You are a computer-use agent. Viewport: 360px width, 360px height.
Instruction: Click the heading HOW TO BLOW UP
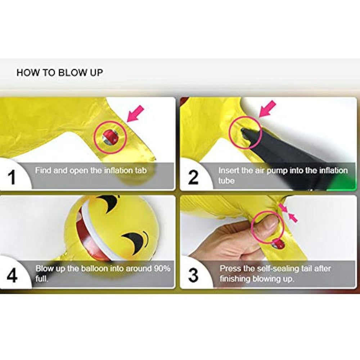(x=60, y=73)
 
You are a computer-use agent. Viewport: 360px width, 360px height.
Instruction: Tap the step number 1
(x=12, y=177)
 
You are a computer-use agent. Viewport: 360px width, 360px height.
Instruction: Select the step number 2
(x=193, y=177)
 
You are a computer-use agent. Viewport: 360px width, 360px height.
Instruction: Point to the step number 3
(x=193, y=275)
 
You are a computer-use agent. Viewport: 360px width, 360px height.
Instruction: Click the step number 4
(x=12, y=275)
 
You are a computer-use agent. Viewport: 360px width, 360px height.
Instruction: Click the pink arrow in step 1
(x=135, y=114)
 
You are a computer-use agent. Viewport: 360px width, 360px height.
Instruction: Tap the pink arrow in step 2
(x=267, y=109)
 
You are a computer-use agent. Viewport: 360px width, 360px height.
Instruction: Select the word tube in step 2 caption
(x=226, y=181)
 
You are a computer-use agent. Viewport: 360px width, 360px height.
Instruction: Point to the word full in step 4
(x=41, y=279)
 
